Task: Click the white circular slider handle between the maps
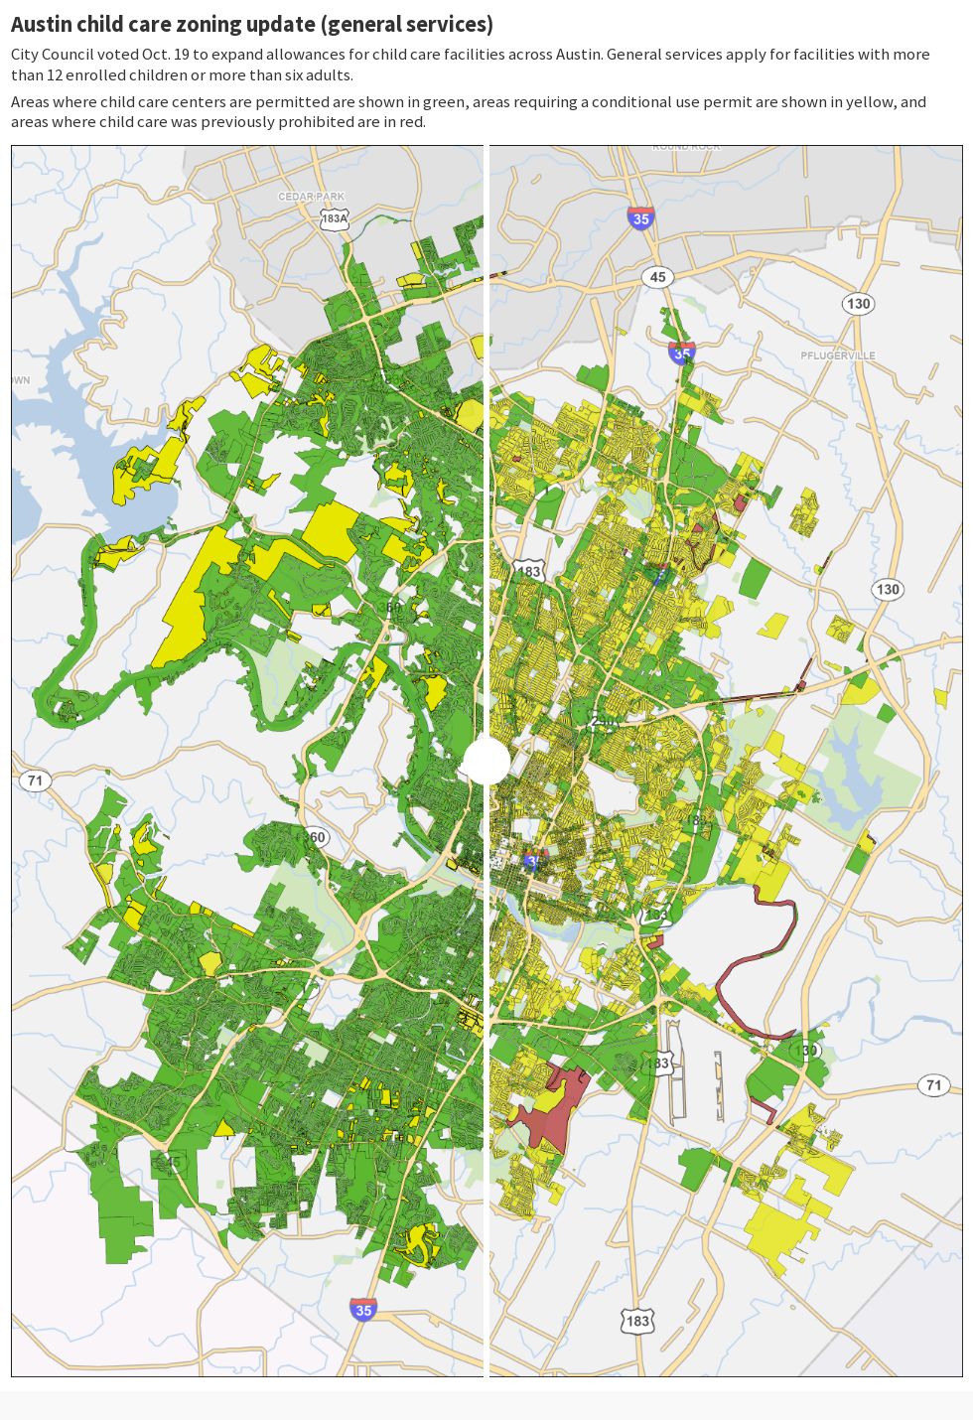(486, 762)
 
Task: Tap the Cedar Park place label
(311, 197)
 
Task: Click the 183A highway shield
(335, 218)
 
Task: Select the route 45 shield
(657, 277)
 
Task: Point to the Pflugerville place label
(838, 355)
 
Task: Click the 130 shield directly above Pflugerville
(858, 304)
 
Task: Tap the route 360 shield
(315, 837)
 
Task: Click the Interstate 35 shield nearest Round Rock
(640, 218)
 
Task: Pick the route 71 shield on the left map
(35, 781)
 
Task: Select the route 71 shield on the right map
(933, 1085)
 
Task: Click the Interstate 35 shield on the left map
(363, 1310)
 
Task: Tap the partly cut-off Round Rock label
(685, 147)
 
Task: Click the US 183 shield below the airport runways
(637, 1321)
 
